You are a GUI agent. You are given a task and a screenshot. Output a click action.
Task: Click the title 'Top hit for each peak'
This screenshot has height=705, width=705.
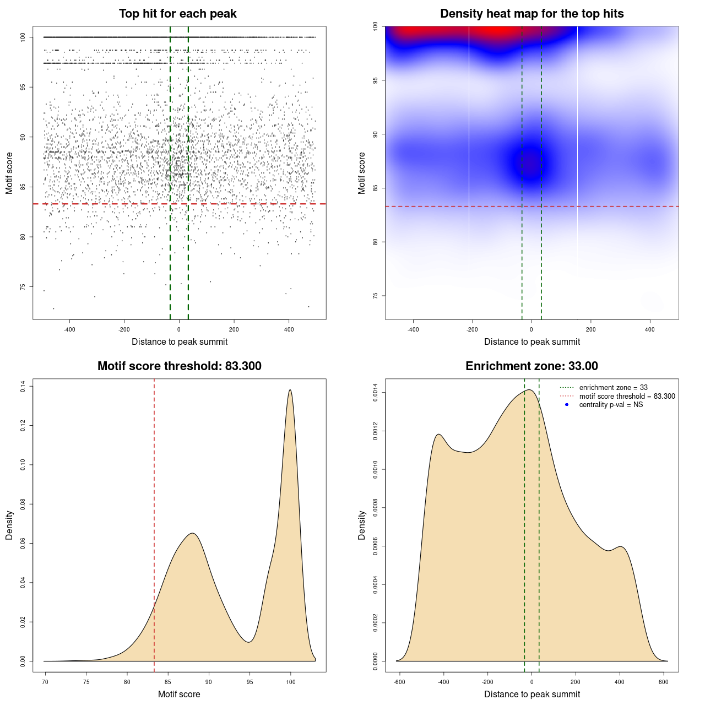pos(177,14)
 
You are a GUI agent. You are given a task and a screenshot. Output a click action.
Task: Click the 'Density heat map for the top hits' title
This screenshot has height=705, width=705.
pos(532,14)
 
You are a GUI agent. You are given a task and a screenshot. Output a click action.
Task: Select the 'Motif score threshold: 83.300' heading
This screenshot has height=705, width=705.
pos(179,366)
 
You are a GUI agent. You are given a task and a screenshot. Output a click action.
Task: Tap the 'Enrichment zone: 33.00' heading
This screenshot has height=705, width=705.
pos(532,366)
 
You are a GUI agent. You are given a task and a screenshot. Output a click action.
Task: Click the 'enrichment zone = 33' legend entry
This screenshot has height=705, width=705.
pos(613,388)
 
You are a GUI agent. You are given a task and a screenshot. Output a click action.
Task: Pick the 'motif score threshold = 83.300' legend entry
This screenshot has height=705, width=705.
pos(627,396)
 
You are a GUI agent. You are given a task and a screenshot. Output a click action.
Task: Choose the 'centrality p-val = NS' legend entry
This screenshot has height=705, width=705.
pos(611,405)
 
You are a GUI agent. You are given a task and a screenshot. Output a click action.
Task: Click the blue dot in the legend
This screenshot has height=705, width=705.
pos(567,405)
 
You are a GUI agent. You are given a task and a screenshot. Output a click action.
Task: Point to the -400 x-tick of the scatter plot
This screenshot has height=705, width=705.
pos(69,329)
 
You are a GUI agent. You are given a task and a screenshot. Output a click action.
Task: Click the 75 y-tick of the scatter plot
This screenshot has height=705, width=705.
pos(23,287)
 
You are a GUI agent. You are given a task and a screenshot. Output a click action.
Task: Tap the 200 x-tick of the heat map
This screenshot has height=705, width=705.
pos(591,329)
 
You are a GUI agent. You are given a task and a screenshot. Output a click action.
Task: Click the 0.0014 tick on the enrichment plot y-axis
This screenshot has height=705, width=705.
pos(375,393)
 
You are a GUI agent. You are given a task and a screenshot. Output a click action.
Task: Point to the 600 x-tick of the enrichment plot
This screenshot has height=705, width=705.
pos(664,682)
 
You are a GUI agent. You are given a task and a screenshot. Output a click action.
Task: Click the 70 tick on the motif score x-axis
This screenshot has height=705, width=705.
pos(45,682)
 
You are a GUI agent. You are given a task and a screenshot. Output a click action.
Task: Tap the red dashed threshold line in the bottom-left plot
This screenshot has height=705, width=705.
pos(154,496)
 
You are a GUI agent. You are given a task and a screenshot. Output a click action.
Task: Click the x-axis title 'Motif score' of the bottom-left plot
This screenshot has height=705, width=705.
pos(179,694)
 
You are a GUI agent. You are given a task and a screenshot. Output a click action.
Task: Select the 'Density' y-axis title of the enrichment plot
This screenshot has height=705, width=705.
pos(362,525)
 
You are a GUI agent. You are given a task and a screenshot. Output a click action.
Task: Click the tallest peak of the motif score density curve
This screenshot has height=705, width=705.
pos(290,390)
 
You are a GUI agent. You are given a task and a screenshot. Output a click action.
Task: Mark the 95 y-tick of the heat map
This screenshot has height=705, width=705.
pos(375,80)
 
